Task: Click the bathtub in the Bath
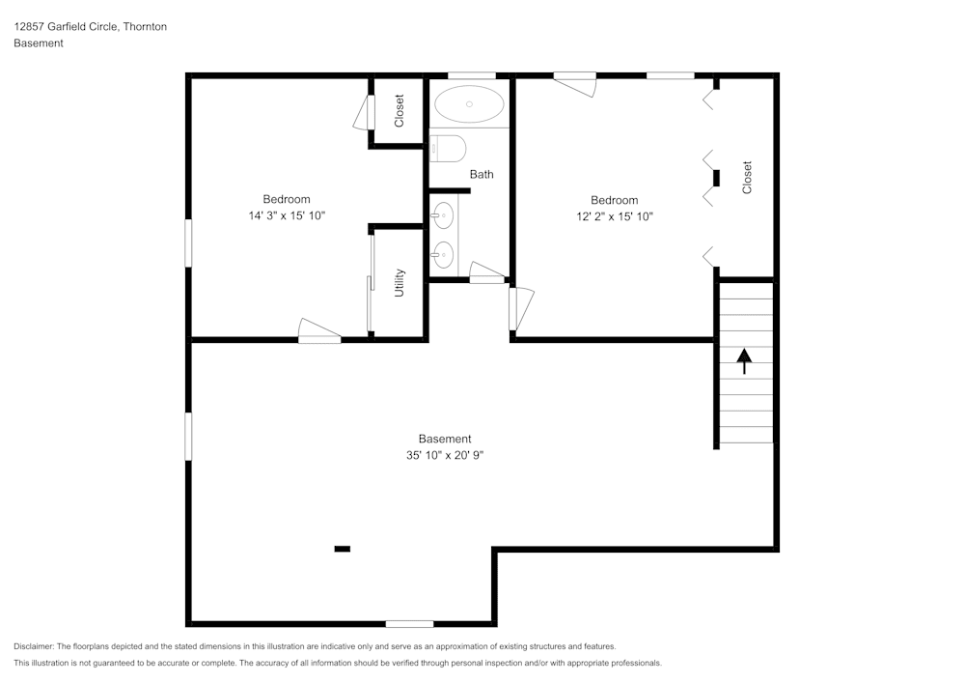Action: [x=469, y=103]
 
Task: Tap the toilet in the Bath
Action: [x=449, y=148]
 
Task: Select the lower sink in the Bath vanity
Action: [x=443, y=255]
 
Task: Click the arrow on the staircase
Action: [x=744, y=361]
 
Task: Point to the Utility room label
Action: [x=400, y=283]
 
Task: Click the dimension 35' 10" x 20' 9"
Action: [x=445, y=455]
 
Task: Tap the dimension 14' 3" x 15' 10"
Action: [x=287, y=216]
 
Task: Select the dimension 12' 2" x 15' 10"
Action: [x=615, y=216]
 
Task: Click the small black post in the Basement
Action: [x=342, y=549]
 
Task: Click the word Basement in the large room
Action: [x=445, y=439]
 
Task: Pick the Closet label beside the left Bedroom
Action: [x=400, y=111]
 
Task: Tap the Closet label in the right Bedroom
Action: [x=747, y=178]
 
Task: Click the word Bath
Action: [x=482, y=174]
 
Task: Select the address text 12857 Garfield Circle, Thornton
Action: [x=90, y=27]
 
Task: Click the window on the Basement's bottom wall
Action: [x=409, y=623]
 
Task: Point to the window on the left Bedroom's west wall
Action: [x=189, y=242]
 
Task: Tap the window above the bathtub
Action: [x=472, y=75]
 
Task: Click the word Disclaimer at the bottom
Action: [x=34, y=646]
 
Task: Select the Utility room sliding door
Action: [x=371, y=283]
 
